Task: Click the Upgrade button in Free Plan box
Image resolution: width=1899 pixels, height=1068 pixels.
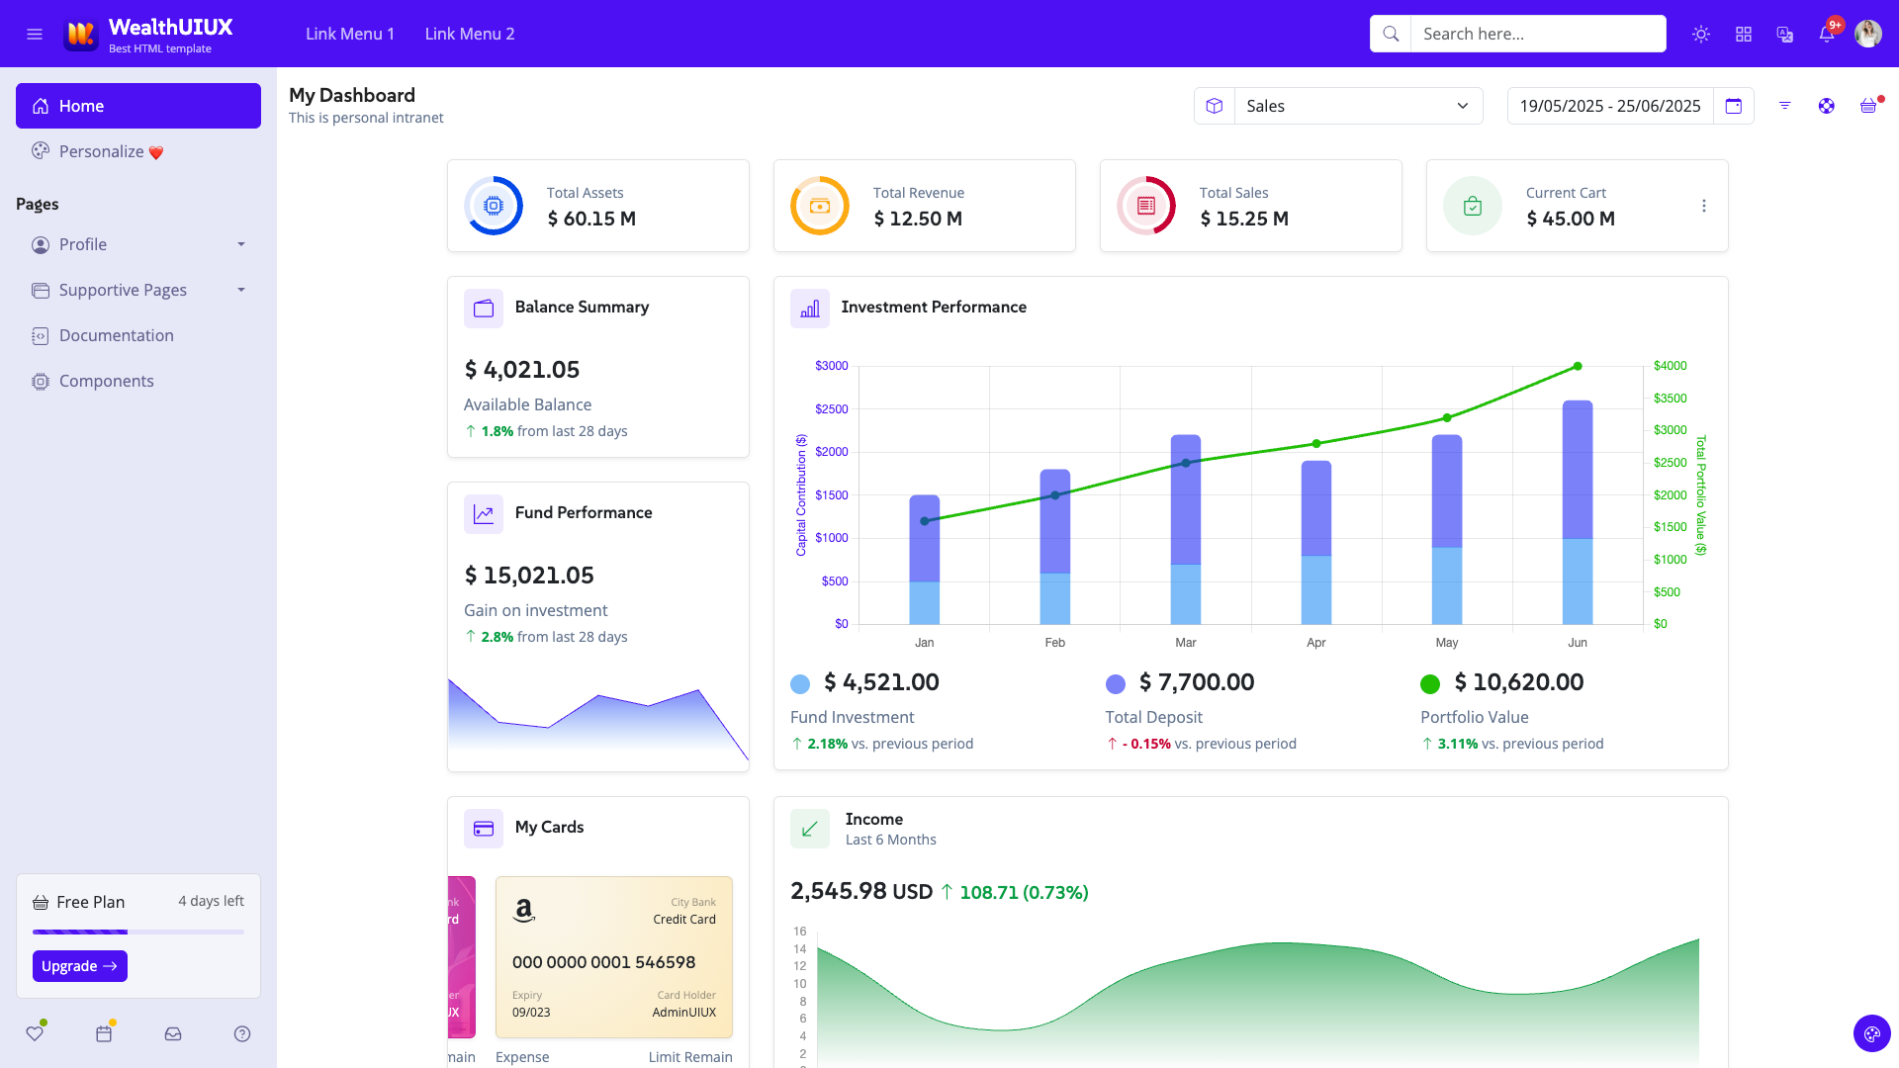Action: pyautogui.click(x=79, y=966)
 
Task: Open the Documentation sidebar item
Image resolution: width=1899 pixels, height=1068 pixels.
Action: pyautogui.click(x=116, y=335)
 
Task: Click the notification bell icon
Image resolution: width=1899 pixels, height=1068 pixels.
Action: pyautogui.click(x=1826, y=34)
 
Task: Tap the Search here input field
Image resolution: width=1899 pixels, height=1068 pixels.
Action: pyautogui.click(x=1537, y=34)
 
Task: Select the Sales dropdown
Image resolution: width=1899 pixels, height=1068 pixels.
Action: pyautogui.click(x=1357, y=106)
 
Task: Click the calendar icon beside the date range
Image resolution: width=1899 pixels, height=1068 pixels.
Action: pyautogui.click(x=1733, y=106)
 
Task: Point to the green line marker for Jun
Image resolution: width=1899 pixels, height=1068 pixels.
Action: pyautogui.click(x=1578, y=367)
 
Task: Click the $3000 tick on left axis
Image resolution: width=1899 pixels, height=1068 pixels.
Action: pyautogui.click(x=831, y=366)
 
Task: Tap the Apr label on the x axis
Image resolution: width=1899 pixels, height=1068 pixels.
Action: pyautogui.click(x=1315, y=643)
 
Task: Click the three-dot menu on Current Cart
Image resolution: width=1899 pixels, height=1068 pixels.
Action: pyautogui.click(x=1703, y=206)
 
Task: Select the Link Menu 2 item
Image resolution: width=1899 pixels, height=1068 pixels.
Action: pyautogui.click(x=470, y=34)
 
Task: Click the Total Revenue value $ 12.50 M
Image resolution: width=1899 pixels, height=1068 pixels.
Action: pyautogui.click(x=917, y=219)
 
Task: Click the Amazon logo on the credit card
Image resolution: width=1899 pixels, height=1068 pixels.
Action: pyautogui.click(x=524, y=910)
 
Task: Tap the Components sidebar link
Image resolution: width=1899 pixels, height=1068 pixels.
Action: pyautogui.click(x=106, y=381)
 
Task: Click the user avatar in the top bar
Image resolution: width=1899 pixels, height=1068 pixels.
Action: pyautogui.click(x=1867, y=34)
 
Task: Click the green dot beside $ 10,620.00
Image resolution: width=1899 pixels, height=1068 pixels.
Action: pyautogui.click(x=1429, y=683)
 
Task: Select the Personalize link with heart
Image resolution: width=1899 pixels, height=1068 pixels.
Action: pyautogui.click(x=101, y=151)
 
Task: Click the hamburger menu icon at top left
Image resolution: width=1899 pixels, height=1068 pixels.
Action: pyautogui.click(x=35, y=34)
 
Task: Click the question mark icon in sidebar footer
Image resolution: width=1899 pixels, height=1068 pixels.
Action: pyautogui.click(x=242, y=1033)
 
